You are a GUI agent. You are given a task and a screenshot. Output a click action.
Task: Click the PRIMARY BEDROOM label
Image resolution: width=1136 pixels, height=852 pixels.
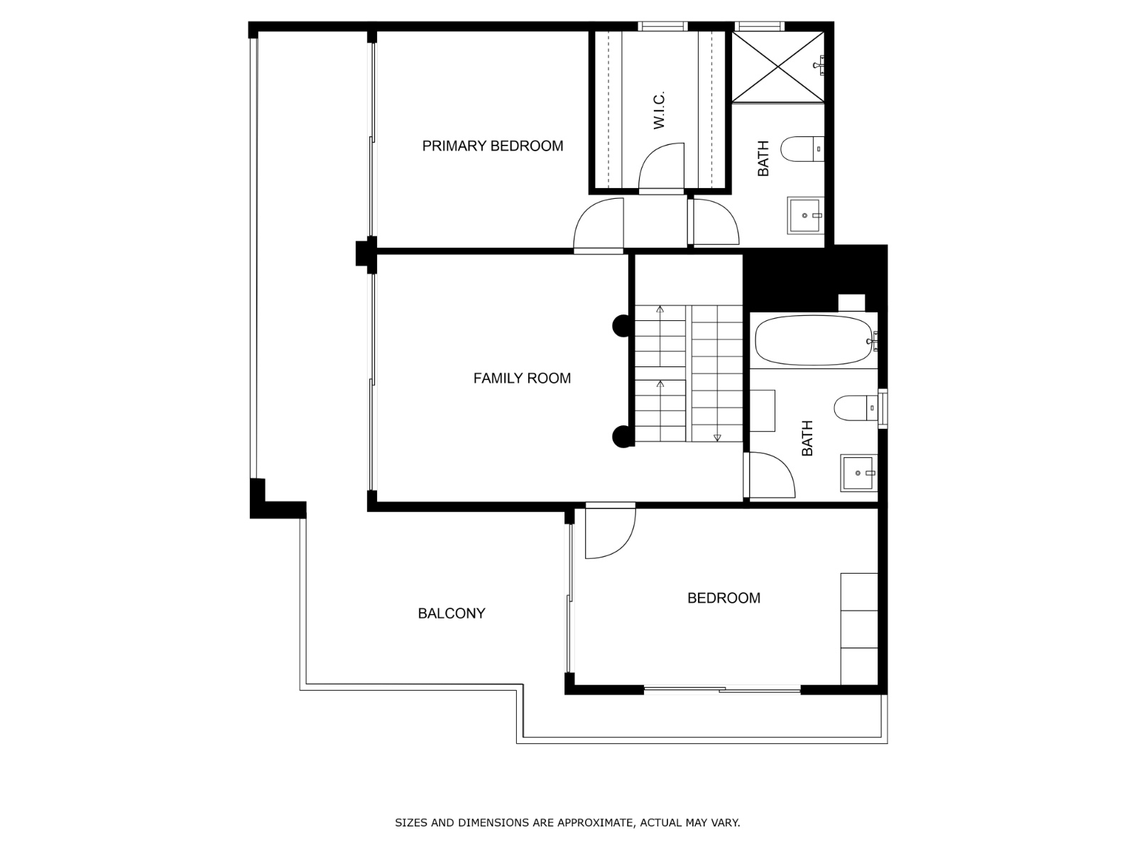tap(492, 146)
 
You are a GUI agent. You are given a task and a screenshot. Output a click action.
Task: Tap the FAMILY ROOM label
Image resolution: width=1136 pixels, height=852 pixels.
tap(522, 378)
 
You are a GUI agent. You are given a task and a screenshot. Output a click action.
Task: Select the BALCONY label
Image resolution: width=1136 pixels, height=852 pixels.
tap(451, 613)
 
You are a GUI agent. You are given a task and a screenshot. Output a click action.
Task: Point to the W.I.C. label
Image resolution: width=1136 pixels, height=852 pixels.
tap(659, 110)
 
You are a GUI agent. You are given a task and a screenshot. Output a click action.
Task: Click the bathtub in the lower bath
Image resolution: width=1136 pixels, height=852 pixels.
tap(813, 340)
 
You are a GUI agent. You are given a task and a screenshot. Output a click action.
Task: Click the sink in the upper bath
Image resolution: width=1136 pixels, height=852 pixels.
tap(805, 215)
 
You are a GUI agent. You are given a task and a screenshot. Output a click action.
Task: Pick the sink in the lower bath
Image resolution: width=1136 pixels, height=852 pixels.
tap(859, 473)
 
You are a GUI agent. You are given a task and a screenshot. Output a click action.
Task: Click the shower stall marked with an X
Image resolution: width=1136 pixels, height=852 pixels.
tap(778, 66)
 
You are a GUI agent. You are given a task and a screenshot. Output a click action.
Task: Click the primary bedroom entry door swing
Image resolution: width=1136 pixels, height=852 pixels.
tap(599, 225)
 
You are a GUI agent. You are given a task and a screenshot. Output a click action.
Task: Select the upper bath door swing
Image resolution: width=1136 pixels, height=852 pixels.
tap(715, 222)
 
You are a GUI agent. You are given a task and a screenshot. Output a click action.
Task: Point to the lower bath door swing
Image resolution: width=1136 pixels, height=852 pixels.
tap(771, 474)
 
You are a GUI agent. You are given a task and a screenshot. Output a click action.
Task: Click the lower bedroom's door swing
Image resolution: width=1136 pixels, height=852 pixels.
tap(610, 532)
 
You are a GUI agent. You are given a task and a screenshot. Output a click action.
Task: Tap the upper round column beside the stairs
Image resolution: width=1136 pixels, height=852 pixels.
tap(622, 326)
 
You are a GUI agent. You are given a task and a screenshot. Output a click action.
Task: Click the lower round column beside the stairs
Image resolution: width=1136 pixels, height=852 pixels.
tap(622, 437)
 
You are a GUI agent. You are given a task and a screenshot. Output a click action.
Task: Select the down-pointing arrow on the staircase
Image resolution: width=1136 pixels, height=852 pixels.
tap(717, 437)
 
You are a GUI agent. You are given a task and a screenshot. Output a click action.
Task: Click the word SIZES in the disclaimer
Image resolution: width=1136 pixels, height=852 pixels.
tap(410, 823)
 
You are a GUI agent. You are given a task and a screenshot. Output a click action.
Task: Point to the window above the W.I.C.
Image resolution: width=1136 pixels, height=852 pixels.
tap(662, 26)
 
